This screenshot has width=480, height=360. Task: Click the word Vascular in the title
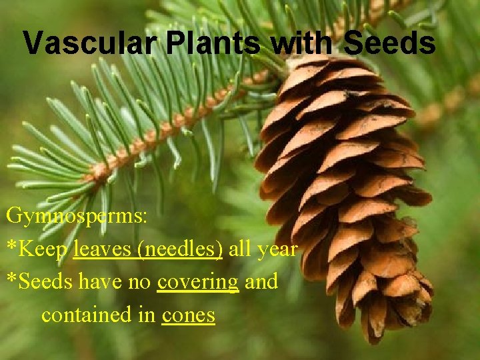(x=91, y=43)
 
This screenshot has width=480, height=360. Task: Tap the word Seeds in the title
(x=389, y=43)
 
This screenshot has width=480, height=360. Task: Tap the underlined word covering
(x=197, y=282)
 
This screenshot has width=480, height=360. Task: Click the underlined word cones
(x=188, y=314)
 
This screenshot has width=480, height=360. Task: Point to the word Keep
(x=44, y=249)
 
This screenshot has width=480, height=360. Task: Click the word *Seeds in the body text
(x=39, y=282)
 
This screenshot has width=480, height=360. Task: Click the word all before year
(x=240, y=249)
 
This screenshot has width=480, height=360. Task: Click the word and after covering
(x=261, y=282)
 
